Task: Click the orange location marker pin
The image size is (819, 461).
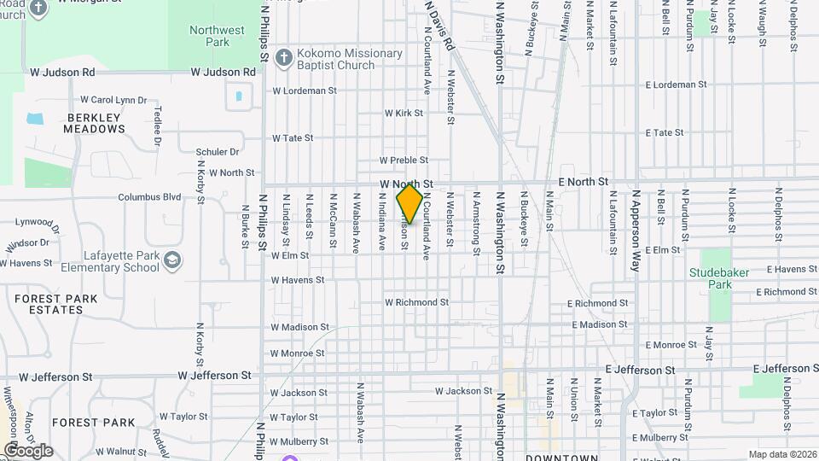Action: pyautogui.click(x=409, y=203)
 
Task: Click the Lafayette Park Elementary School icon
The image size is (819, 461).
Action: pyautogui.click(x=173, y=260)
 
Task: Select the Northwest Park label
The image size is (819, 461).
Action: pyautogui.click(x=210, y=36)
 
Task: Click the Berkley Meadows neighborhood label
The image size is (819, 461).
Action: pyautogui.click(x=94, y=123)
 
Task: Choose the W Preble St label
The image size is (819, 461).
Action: pyautogui.click(x=404, y=160)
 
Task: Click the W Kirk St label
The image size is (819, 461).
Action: pyautogui.click(x=404, y=113)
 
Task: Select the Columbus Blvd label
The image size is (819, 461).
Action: pyautogui.click(x=149, y=197)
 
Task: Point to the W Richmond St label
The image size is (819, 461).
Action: pyautogui.click(x=416, y=302)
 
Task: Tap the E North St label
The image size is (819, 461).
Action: pyautogui.click(x=583, y=182)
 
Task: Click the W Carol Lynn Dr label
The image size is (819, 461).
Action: pyautogui.click(x=113, y=100)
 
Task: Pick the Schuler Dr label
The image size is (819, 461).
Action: pyautogui.click(x=218, y=152)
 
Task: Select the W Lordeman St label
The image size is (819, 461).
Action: pyautogui.click(x=305, y=90)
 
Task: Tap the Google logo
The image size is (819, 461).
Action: pyautogui.click(x=27, y=450)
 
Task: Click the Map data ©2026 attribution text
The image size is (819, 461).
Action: pyautogui.click(x=781, y=454)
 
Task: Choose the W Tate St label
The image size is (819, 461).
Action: pyautogui.click(x=293, y=137)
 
